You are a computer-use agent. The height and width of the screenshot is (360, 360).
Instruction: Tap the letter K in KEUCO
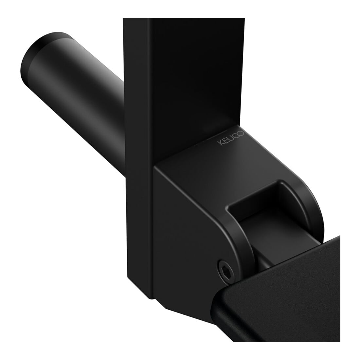click(220, 143)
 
